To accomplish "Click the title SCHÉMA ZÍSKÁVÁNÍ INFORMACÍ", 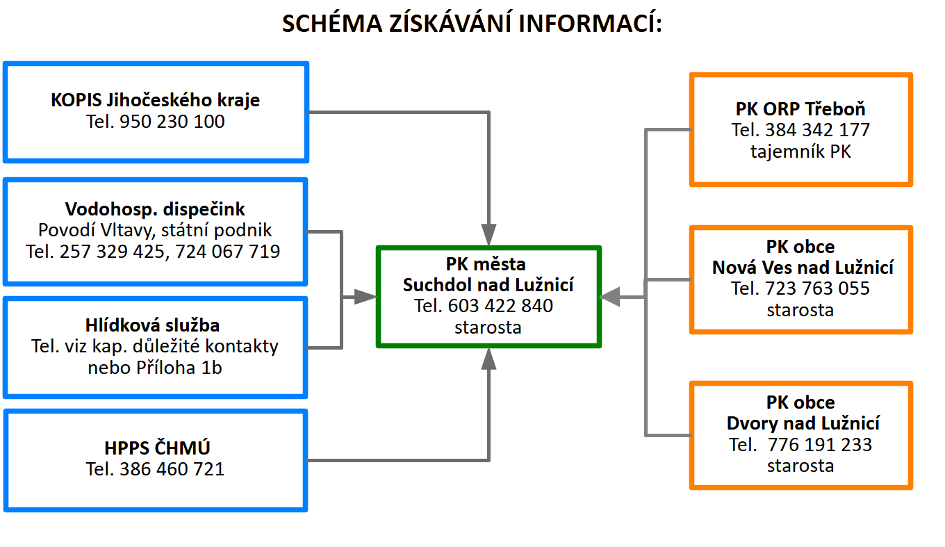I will click(472, 24).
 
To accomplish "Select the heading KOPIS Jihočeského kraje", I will click(156, 100).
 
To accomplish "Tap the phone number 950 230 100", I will click(172, 122).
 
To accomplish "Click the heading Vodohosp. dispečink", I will click(155, 209).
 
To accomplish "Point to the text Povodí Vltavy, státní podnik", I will click(155, 230).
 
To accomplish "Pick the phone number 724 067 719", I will click(228, 251).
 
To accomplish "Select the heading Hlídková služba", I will click(155, 325).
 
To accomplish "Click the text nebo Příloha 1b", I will click(155, 367).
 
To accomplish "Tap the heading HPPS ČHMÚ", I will click(156, 448).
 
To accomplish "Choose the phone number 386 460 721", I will click(172, 469).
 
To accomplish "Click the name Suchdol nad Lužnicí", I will click(489, 285).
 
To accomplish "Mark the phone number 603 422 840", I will click(501, 306).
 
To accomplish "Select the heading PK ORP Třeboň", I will click(800, 109).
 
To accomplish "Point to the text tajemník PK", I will click(800, 151).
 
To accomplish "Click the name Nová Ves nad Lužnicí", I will click(803, 268).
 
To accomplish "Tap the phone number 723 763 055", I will click(818, 288).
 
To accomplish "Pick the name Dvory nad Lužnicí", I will click(803, 423).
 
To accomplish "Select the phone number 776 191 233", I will click(820, 444).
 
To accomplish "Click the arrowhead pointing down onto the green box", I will click(489, 234).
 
